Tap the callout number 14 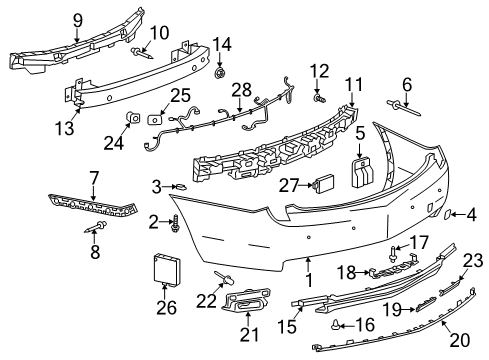(222, 44)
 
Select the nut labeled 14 (220, 72)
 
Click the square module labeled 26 (165, 270)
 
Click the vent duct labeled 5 (360, 168)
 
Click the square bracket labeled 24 (131, 120)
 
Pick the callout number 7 (93, 178)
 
